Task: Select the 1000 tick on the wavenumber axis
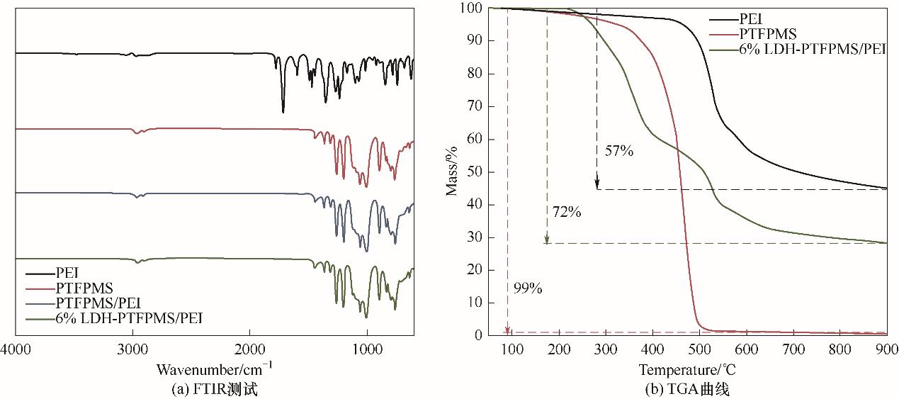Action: click(x=367, y=350)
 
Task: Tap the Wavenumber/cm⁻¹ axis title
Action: click(x=214, y=369)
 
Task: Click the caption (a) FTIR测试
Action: click(x=214, y=388)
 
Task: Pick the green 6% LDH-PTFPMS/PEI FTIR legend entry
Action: click(x=128, y=318)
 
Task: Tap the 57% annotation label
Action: click(x=618, y=150)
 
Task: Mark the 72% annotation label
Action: click(x=567, y=211)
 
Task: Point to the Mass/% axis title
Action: click(x=453, y=172)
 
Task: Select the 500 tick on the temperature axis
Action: click(x=699, y=349)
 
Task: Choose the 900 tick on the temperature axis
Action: click(x=886, y=349)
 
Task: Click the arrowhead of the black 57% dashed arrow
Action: click(x=597, y=186)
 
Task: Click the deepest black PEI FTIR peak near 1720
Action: click(x=283, y=111)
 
